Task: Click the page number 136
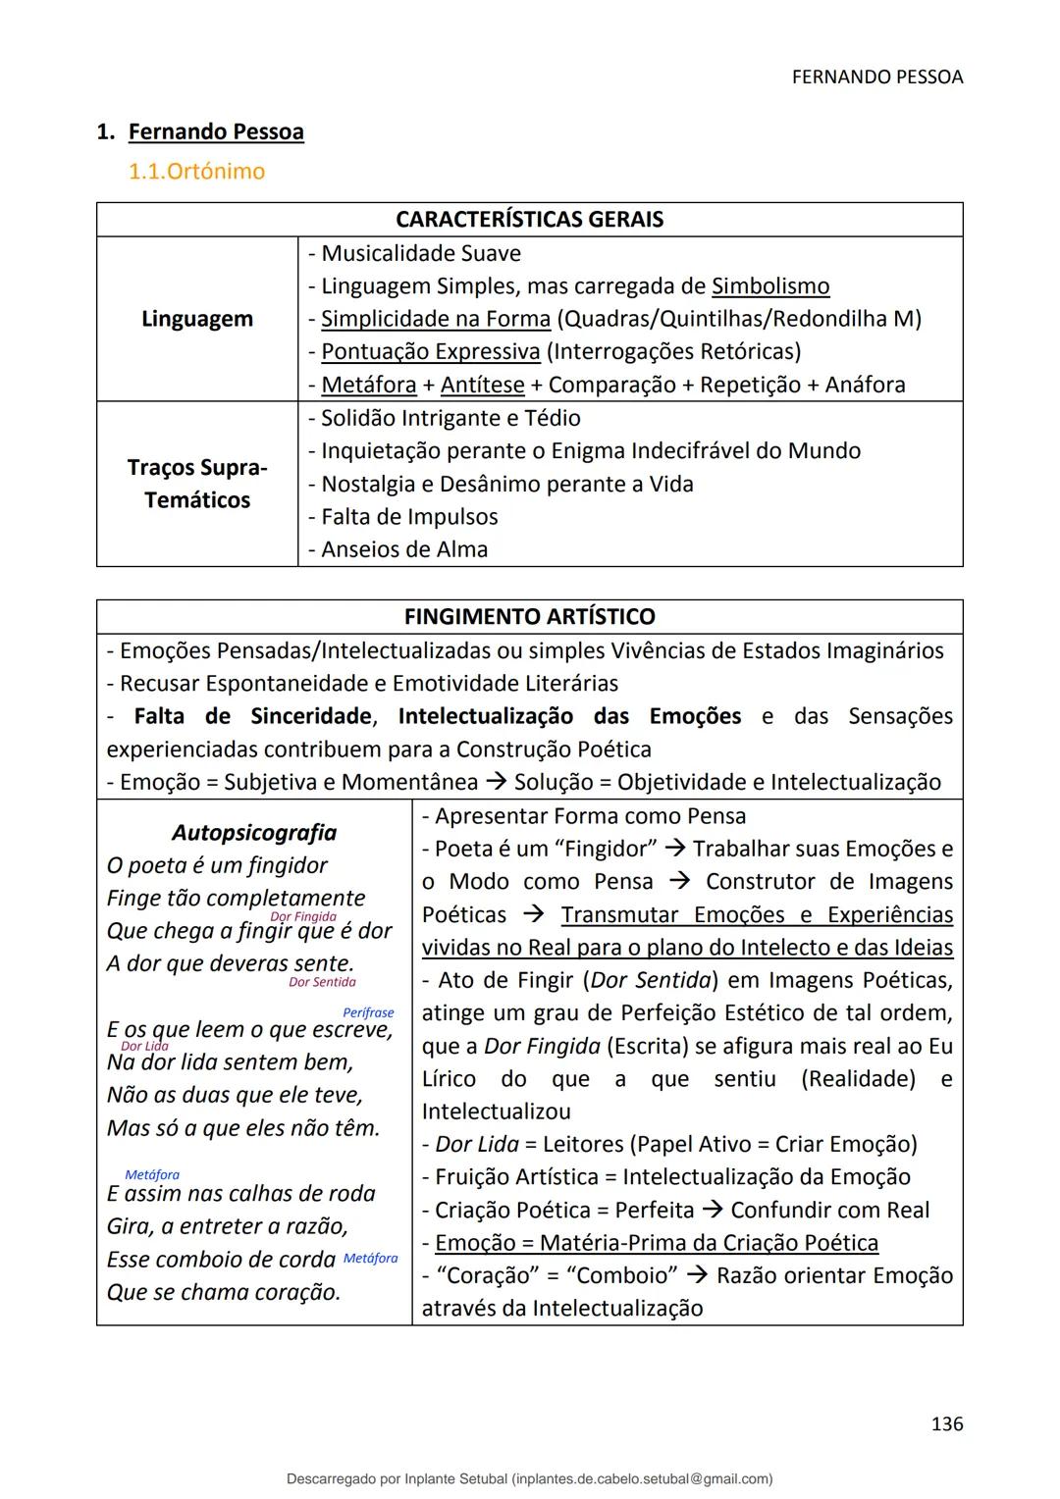coord(946,1423)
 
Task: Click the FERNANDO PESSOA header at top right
coord(876,77)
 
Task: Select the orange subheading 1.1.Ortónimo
coord(196,172)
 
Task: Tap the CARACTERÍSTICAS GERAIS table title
coord(529,220)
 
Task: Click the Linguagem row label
coord(197,319)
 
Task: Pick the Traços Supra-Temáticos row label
coord(197,484)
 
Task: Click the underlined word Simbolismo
coord(770,286)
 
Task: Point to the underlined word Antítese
coord(482,385)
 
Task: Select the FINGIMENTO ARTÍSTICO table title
coord(529,617)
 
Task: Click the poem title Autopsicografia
coord(253,833)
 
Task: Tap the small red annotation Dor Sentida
coord(322,982)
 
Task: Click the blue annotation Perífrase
coord(368,1012)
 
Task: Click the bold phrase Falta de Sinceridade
coord(253,716)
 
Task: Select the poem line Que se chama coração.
coord(224,1292)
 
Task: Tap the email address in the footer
coord(643,1478)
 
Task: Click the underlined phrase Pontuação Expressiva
coord(431,351)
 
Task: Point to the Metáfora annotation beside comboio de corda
coord(371,1259)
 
